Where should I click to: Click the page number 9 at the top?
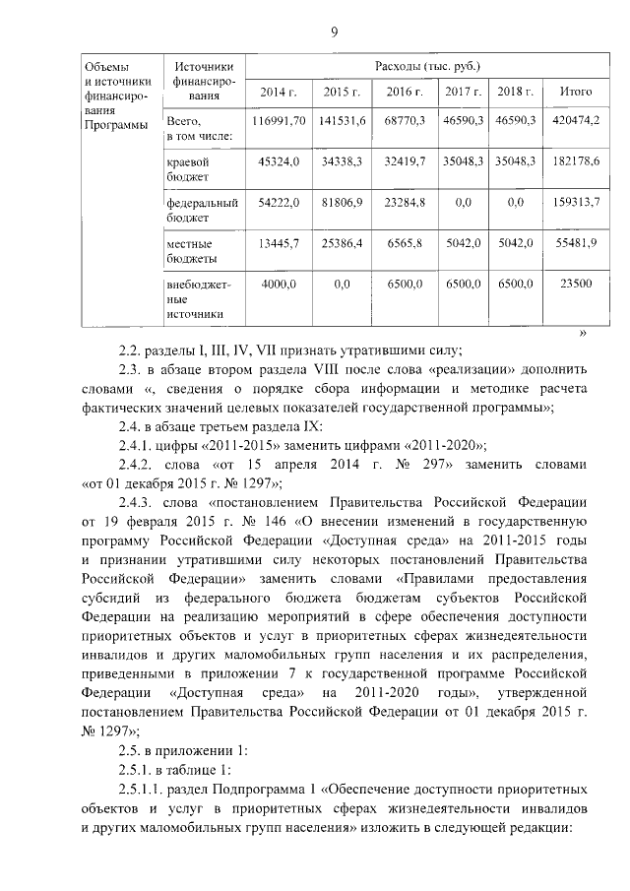coord(334,33)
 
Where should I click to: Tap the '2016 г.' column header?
coord(405,92)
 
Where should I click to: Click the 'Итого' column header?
coord(575,92)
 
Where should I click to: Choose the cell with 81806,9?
coord(344,201)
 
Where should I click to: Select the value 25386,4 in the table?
coord(344,242)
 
